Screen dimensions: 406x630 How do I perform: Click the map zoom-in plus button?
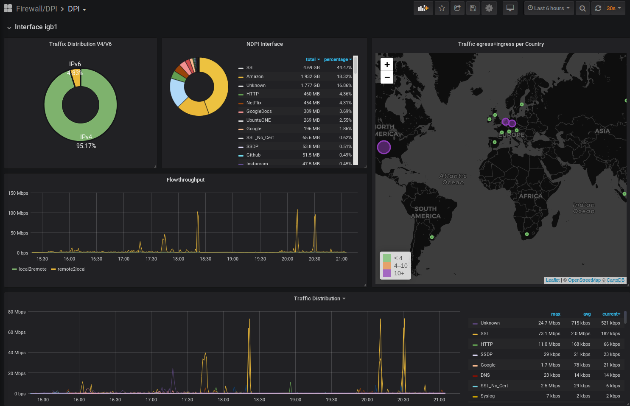[387, 64]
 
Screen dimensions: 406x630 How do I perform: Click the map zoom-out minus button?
[387, 77]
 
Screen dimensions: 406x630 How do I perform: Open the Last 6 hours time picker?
[549, 8]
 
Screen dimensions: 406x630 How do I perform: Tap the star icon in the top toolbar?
[442, 8]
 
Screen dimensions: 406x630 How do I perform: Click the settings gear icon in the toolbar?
[489, 8]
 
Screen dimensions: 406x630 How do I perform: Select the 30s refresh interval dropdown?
[613, 8]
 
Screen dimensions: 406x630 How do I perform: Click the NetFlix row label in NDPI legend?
[254, 103]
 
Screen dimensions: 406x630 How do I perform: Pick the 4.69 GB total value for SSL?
[311, 67]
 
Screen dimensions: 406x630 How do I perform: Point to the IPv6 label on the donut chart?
[75, 64]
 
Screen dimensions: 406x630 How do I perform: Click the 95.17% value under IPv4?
[86, 146]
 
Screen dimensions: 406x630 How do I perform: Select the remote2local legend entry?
[71, 269]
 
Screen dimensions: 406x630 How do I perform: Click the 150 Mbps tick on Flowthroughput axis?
[18, 193]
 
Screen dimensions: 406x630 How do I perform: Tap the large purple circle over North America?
[384, 147]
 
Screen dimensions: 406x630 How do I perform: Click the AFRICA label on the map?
[531, 196]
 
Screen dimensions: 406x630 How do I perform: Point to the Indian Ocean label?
[584, 208]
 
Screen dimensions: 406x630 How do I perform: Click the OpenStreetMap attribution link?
[584, 280]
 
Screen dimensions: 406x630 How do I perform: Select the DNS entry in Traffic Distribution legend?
[485, 375]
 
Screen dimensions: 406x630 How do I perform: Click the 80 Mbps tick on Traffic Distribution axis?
[17, 312]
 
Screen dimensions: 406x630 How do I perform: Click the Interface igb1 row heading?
[36, 27]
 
